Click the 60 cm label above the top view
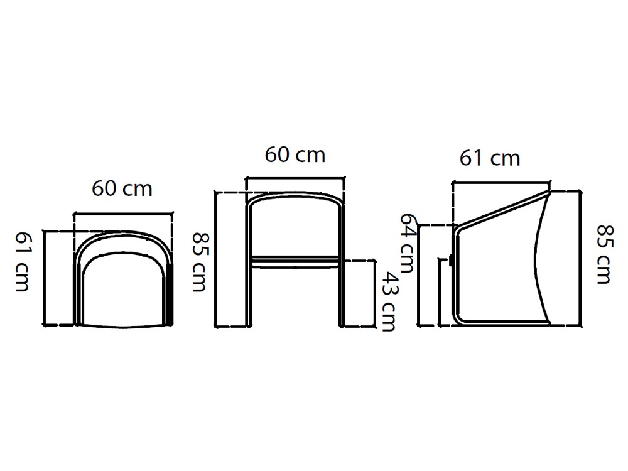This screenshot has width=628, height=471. (122, 188)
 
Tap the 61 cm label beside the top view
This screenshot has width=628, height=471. (22, 261)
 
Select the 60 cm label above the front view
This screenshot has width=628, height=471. (295, 155)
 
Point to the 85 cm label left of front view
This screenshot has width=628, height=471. (199, 262)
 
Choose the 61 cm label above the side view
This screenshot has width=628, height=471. (490, 158)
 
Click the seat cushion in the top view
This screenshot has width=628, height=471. (123, 289)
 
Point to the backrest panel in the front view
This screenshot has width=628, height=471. (295, 226)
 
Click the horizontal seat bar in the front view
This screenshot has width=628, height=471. (295, 259)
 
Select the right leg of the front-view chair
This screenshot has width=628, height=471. (342, 295)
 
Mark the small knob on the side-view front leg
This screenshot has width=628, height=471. (451, 261)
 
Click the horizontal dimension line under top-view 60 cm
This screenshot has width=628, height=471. (123, 215)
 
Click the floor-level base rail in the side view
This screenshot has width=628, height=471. (502, 324)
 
